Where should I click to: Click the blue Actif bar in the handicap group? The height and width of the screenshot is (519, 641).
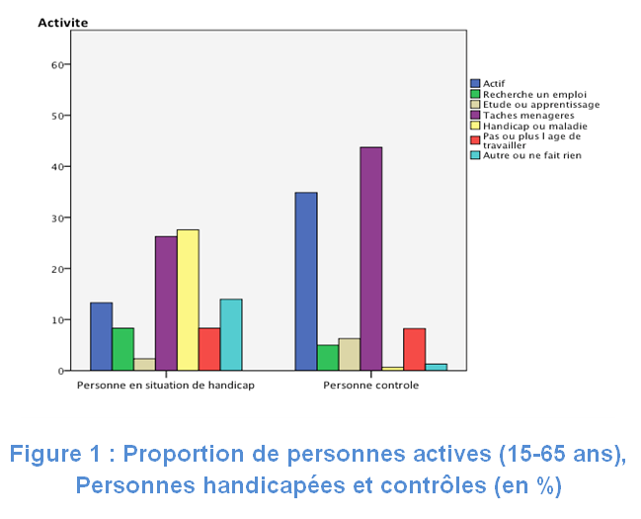tap(101, 336)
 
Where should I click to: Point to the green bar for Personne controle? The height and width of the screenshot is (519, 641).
tap(327, 358)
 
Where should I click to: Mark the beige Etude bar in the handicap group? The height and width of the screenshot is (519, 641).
tap(144, 365)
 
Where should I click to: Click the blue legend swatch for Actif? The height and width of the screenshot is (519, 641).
tap(475, 84)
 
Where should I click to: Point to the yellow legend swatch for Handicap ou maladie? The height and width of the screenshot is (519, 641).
tap(475, 126)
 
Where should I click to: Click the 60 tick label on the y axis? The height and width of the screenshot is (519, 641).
tap(57, 65)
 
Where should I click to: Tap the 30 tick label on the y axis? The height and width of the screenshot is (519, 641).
tap(57, 218)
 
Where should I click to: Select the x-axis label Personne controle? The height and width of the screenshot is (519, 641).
tap(370, 386)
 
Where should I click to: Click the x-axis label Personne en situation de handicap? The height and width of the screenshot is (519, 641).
tap(166, 386)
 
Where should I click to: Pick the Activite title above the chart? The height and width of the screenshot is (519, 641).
tap(62, 22)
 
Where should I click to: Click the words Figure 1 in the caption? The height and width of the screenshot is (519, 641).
tap(54, 456)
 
